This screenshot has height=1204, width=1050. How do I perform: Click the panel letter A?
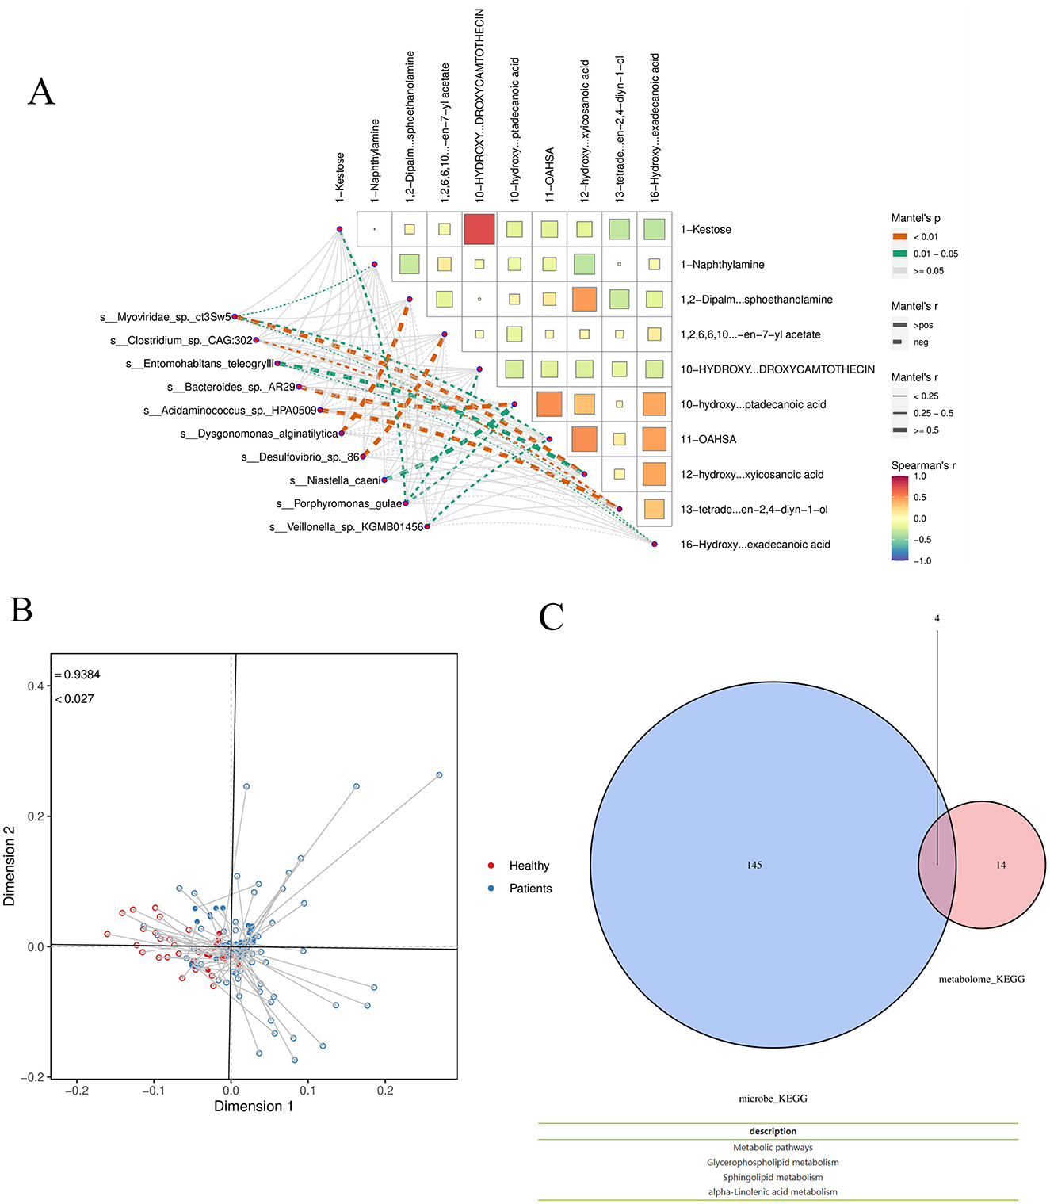pos(41,92)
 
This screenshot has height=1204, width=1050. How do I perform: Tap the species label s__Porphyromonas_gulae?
pos(339,504)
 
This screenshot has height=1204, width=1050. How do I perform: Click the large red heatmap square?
pos(479,229)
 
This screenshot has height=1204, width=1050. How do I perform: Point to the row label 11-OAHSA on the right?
pos(708,439)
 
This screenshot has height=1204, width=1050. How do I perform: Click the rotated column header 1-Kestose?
pos(340,178)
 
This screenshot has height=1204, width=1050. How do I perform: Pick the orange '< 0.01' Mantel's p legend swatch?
pos(899,237)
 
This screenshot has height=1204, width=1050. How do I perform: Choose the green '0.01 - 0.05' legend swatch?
pos(899,254)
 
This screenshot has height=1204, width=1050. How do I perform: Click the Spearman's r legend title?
pos(922,465)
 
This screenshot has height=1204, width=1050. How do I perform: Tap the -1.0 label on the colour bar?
pos(922,561)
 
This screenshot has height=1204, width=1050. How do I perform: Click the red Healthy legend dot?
pos(491,866)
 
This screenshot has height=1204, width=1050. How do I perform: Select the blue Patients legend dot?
pos(491,889)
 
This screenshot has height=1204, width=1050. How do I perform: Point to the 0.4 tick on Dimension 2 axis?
pos(35,686)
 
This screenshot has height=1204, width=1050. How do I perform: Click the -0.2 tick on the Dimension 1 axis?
pos(77,1091)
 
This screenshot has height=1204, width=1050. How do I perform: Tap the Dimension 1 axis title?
pos(254,1107)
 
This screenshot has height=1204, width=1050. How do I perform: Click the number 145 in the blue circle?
pos(754,865)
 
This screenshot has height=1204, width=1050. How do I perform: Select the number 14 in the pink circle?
pos(1001,865)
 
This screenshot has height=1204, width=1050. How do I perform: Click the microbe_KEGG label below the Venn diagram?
pos(773,1099)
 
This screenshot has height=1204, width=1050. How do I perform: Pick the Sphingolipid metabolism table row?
pos(773,1177)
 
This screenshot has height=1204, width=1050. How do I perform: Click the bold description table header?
pos(773,1131)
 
